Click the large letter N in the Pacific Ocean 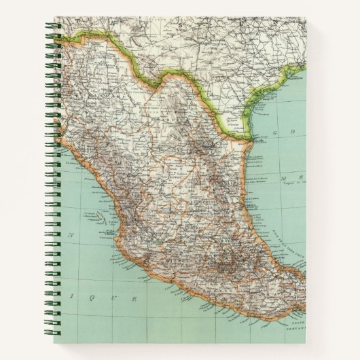tap(70, 235)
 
